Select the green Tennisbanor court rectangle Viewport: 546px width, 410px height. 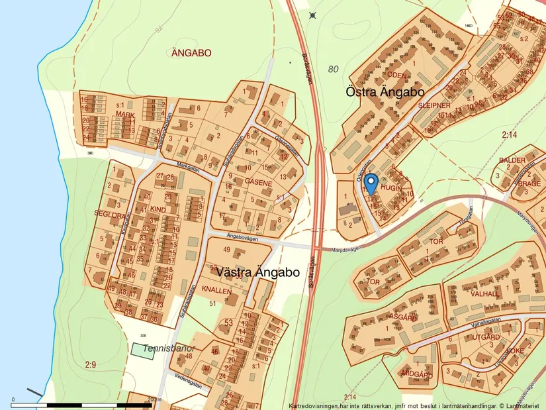143,351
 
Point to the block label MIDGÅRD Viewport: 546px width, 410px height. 417,375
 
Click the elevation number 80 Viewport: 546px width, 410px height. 333,68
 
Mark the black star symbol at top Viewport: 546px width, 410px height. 313,15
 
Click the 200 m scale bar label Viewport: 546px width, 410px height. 154,399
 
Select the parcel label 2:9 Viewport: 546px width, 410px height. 91,364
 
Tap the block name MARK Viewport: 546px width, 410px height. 124,115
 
